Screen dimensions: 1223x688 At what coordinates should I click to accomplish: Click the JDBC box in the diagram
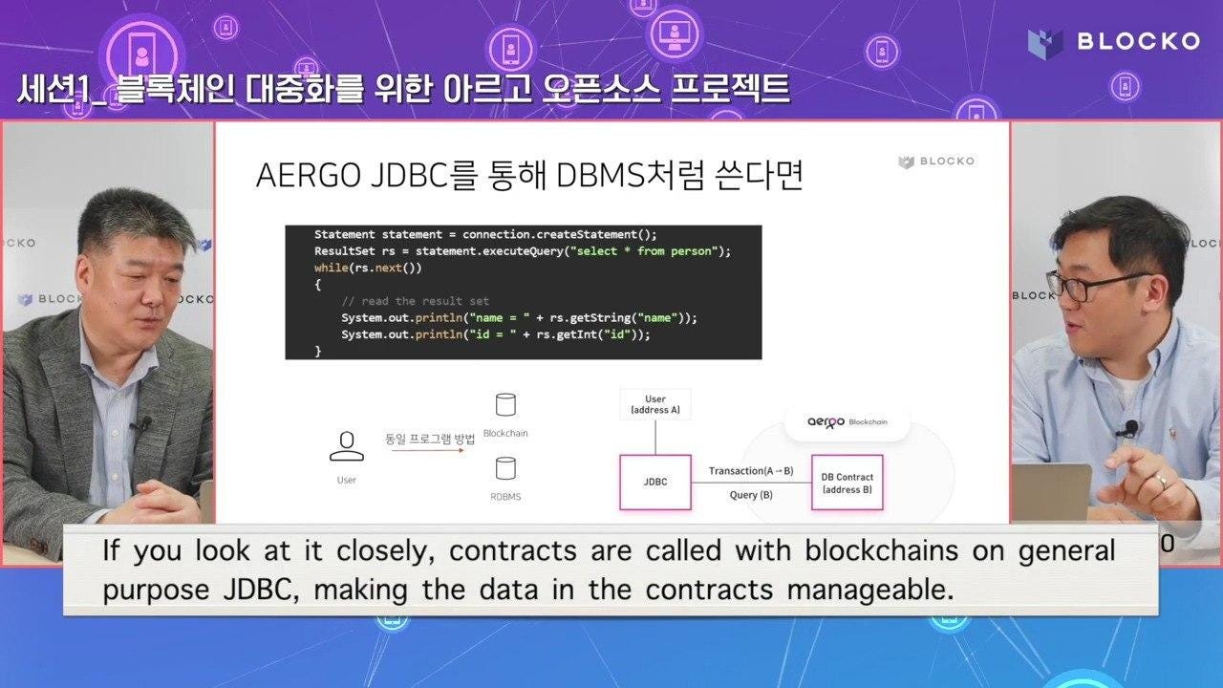tap(655, 483)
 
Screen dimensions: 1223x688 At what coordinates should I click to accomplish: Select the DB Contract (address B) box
tap(847, 483)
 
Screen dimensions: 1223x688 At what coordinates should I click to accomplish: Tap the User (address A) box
tap(655, 404)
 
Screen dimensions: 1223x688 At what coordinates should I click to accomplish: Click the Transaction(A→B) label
tap(751, 471)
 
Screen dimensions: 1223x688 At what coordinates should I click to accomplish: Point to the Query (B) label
tap(751, 495)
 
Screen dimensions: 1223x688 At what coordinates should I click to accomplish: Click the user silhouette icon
tap(347, 446)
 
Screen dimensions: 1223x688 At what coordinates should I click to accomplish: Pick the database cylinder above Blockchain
tap(505, 405)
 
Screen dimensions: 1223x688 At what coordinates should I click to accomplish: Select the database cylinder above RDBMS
tap(505, 468)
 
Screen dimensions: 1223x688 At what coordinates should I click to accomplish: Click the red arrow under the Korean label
tap(428, 450)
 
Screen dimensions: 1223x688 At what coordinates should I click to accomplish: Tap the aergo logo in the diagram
tap(826, 422)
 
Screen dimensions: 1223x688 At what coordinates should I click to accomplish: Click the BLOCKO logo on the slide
tap(936, 161)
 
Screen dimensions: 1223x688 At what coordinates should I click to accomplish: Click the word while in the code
tap(331, 268)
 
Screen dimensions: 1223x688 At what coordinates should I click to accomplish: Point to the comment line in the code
tap(415, 301)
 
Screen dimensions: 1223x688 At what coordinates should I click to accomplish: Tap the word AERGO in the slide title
tap(308, 176)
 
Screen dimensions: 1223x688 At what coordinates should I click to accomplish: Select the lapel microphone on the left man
tap(143, 424)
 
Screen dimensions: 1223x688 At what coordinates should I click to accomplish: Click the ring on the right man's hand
tap(1161, 483)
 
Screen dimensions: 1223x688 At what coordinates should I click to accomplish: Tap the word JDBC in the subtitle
tap(262, 591)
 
